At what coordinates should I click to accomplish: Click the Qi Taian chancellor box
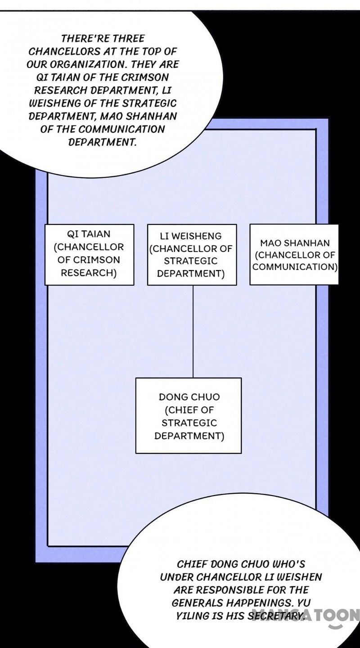89,254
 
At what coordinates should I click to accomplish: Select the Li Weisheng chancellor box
192,254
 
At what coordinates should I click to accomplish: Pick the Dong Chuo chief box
189,415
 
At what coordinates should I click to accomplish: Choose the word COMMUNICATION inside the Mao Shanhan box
295,266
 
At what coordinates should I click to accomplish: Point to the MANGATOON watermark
306,616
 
